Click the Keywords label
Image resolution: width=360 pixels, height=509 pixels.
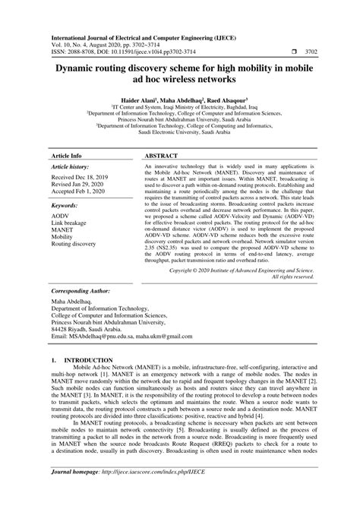point(64,206)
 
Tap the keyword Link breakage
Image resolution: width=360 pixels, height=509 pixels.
point(71,227)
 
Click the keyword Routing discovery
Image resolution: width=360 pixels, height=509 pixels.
point(73,244)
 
